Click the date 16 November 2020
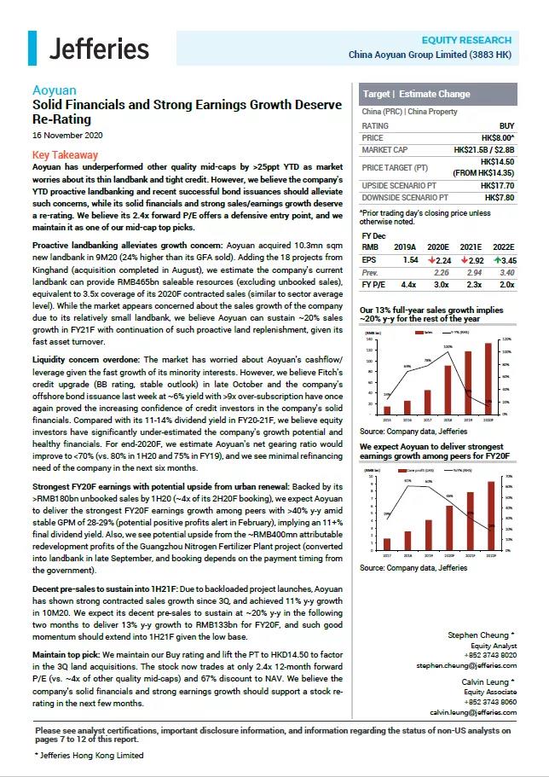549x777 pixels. [x=67, y=136]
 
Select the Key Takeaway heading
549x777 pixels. [x=65, y=155]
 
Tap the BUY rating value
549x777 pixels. [x=506, y=125]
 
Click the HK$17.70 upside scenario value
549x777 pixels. [x=494, y=185]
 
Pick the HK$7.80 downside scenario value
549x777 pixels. [x=498, y=198]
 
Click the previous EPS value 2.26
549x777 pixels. [x=441, y=272]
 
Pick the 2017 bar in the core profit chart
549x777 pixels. [x=386, y=543]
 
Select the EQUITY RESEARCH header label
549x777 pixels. [x=466, y=40]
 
